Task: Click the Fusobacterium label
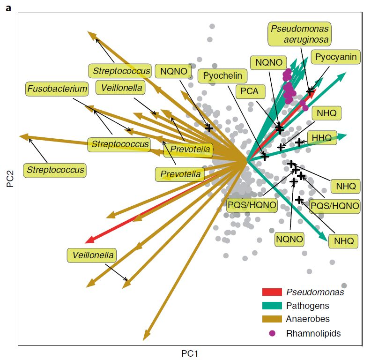point(57,88)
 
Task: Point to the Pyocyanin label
point(335,58)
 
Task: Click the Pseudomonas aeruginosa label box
point(299,34)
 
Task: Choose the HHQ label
point(322,138)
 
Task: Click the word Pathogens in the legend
point(307,306)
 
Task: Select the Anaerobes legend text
point(307,319)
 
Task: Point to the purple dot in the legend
point(272,333)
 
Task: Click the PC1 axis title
point(192,352)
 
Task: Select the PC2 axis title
point(10,178)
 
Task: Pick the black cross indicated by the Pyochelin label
point(265,157)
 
